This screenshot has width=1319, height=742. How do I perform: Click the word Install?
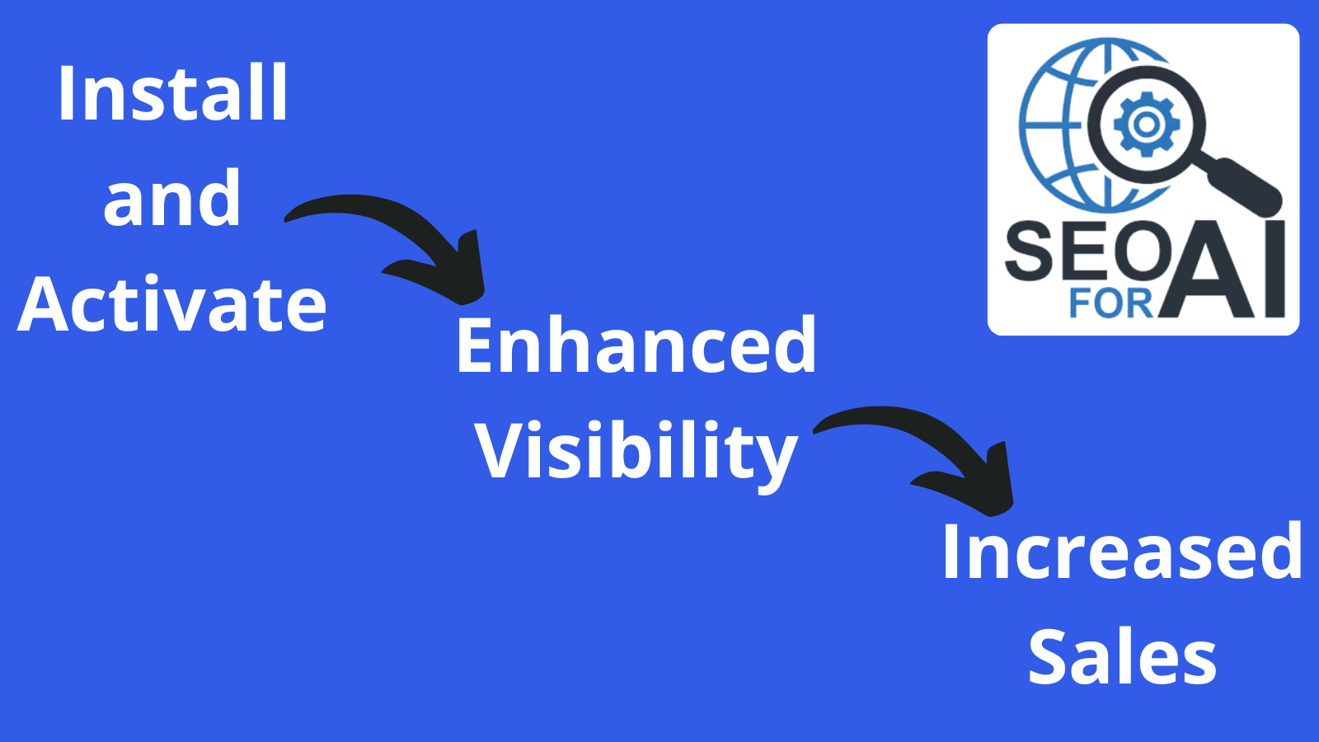173,94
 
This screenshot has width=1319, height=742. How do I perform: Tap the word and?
172,199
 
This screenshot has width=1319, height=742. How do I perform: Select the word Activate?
172,304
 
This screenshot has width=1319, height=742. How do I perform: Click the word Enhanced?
636,345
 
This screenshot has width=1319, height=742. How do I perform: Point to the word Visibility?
636,451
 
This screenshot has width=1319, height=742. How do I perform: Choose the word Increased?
1121,552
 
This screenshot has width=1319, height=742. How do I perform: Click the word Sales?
1122,657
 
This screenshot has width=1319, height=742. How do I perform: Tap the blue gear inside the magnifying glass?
1146,124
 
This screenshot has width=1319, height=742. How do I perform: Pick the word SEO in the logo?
1087,251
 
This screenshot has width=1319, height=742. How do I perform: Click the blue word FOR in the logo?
1110,303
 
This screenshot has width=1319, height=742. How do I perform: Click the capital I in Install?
65,94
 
